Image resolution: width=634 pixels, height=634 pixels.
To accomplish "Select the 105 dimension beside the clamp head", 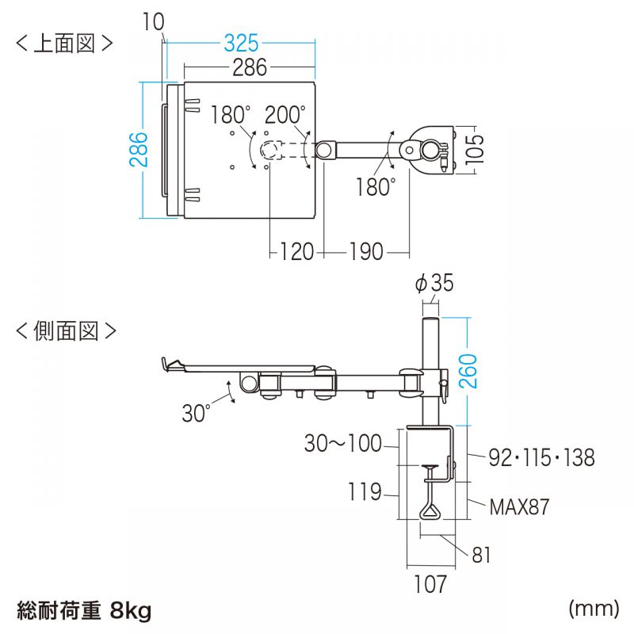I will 475,147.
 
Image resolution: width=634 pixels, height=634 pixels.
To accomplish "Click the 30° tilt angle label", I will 196,413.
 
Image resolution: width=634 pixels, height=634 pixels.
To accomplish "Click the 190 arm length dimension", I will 365,252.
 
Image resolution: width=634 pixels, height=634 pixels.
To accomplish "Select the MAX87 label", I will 518,506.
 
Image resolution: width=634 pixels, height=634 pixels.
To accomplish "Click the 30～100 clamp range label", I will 342,443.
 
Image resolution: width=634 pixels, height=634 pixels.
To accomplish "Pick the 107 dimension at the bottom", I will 430,585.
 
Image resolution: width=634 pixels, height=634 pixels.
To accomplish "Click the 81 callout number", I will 481,556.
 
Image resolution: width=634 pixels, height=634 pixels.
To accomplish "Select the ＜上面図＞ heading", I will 64,43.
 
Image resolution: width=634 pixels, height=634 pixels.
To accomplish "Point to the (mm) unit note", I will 593,608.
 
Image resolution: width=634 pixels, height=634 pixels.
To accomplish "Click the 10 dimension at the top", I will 153,21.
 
